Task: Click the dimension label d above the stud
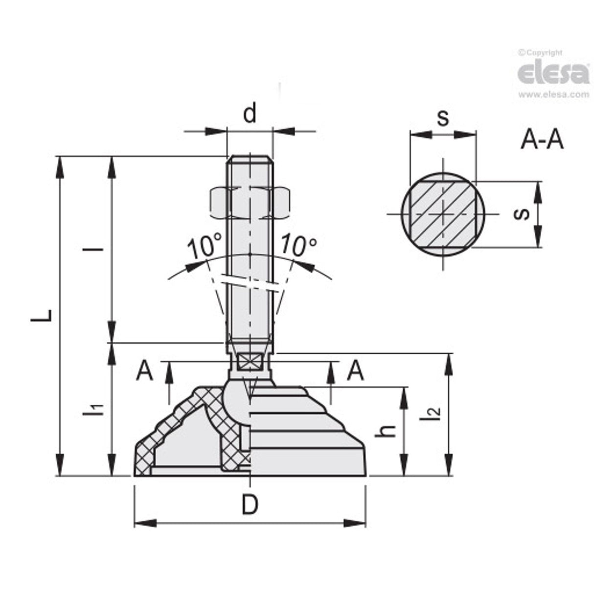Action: point(250,114)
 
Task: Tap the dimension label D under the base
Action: point(250,504)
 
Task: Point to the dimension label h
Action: point(388,431)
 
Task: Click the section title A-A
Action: point(542,140)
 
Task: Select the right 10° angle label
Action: point(298,245)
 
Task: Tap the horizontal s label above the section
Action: point(443,118)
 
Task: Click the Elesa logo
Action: point(553,73)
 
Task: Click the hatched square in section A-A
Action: point(443,214)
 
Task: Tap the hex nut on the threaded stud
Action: point(250,203)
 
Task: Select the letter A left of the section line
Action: point(144,371)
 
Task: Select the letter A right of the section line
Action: point(355,371)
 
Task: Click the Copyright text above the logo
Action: point(540,52)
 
